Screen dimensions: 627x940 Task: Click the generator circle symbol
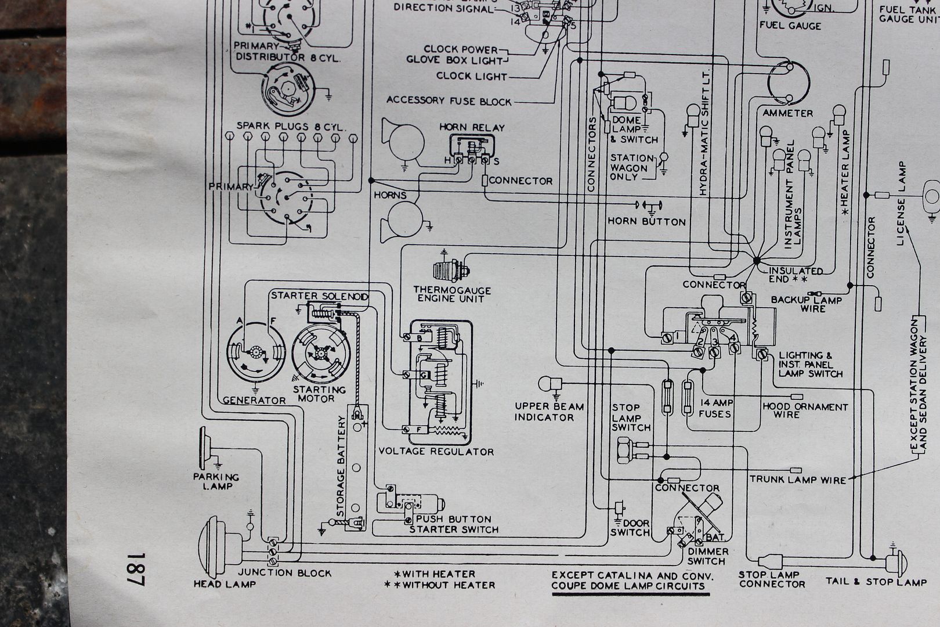coord(255,352)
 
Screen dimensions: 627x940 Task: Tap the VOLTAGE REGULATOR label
coord(436,451)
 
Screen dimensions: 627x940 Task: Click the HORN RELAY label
coord(472,127)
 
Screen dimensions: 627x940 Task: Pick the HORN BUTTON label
coord(646,221)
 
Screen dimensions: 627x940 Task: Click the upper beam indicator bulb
coord(548,384)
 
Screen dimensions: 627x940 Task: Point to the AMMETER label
coord(787,113)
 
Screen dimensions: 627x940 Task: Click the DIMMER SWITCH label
coord(706,556)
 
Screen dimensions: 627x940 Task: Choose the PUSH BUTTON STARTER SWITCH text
coord(454,524)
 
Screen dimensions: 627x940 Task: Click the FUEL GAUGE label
coord(790,26)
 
